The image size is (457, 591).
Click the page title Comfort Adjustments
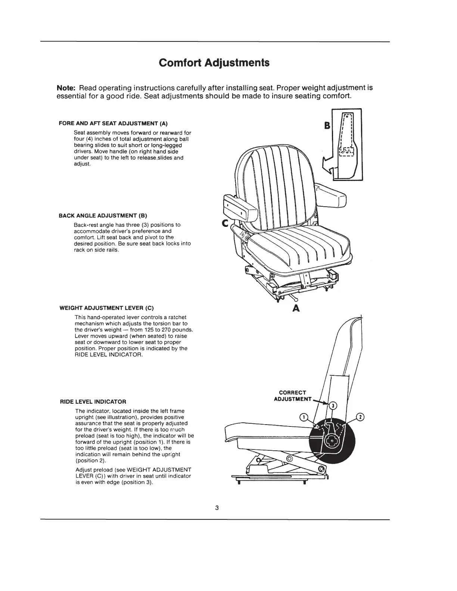click(214, 62)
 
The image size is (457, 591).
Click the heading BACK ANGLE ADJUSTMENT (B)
click(103, 216)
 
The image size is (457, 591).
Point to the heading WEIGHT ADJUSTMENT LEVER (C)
click(107, 308)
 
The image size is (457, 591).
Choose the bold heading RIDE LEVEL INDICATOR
click(93, 402)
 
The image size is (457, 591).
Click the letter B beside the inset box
click(327, 126)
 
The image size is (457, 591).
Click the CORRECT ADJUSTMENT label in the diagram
click(293, 396)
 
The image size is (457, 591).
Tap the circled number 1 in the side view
click(304, 417)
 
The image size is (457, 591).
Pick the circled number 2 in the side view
click(360, 416)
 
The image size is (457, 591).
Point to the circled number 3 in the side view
click(333, 405)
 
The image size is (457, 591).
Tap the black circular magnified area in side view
click(332, 440)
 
